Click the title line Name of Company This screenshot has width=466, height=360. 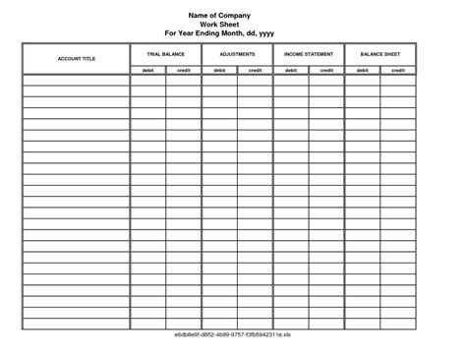219,15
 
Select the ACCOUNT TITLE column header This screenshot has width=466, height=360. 76,59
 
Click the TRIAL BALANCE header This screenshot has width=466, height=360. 165,54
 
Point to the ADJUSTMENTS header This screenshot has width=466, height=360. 237,54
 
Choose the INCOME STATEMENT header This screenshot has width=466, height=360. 309,54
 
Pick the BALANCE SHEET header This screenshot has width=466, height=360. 379,54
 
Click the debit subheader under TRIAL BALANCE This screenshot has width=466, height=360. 147,70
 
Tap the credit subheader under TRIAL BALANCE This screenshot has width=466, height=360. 184,70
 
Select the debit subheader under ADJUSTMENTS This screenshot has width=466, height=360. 219,70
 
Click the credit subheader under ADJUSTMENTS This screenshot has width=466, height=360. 255,70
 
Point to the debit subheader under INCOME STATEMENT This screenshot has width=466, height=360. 291,70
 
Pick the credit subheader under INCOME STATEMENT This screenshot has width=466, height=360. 326,70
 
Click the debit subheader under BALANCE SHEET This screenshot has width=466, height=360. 362,70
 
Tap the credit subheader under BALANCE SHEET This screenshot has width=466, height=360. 398,70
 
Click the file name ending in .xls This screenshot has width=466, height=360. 233,335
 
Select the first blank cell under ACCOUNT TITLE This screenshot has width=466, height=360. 76,81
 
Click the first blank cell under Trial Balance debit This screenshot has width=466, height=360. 147,81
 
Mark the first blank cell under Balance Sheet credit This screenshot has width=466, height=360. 398,81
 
